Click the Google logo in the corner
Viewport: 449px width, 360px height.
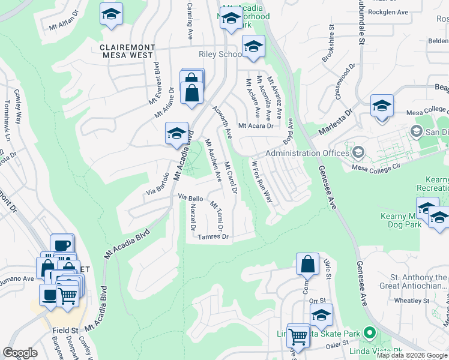(x=20, y=353)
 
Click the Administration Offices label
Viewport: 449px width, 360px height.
(x=307, y=153)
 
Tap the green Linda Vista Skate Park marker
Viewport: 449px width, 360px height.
(x=370, y=332)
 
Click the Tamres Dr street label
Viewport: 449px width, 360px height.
(x=214, y=237)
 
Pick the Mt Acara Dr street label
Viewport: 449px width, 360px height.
(x=256, y=126)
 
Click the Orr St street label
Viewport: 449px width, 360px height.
(x=317, y=301)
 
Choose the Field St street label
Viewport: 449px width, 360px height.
(x=67, y=330)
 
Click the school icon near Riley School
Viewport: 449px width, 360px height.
(x=253, y=47)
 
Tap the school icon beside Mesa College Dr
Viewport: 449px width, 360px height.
(x=381, y=106)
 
